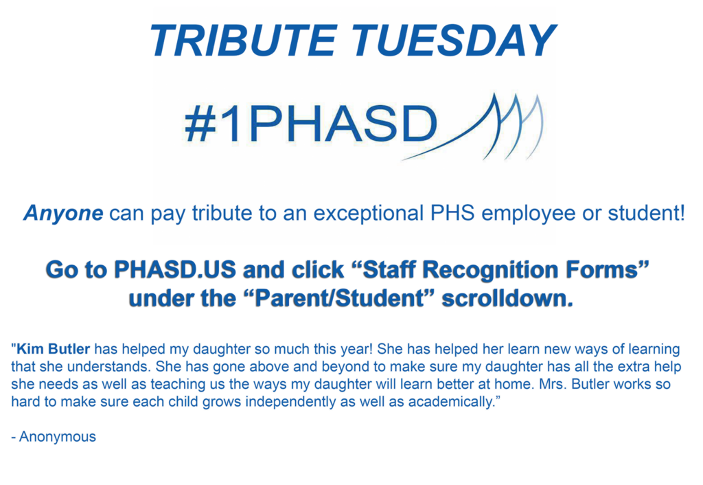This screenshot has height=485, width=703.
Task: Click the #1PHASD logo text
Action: click(310, 126)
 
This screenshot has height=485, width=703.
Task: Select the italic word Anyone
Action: click(63, 214)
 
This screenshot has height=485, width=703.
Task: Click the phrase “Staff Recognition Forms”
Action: click(503, 270)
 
